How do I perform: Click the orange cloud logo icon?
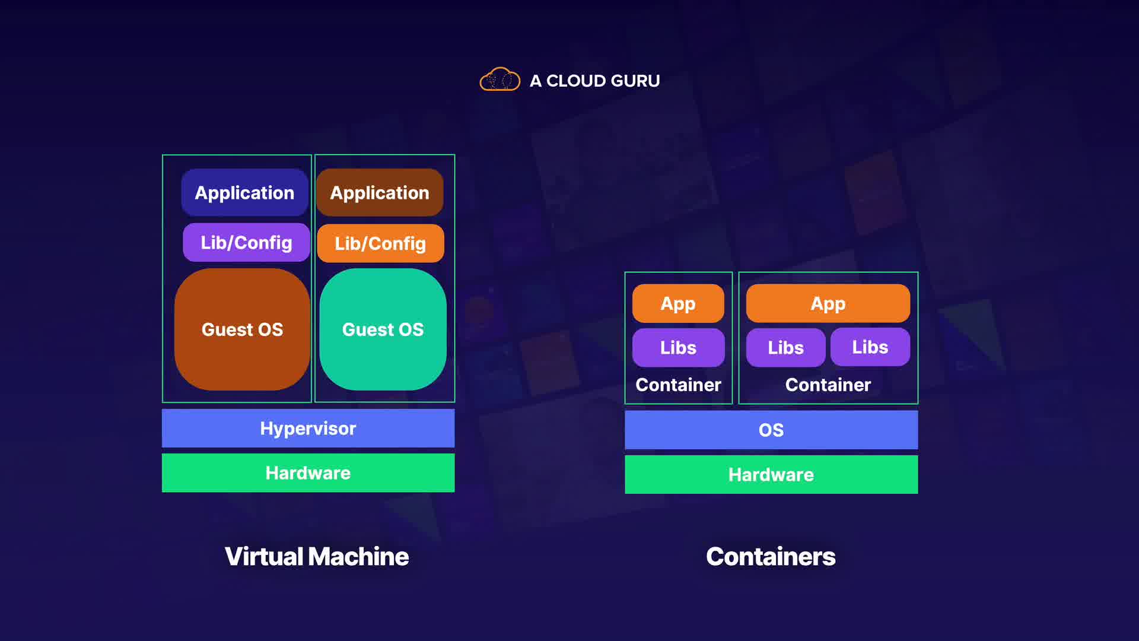coord(499,80)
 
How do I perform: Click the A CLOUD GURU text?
coord(594,81)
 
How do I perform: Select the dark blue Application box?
coord(244,192)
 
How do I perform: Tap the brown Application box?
coord(380,192)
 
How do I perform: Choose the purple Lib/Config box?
coord(246,242)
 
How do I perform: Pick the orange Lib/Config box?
coord(380,243)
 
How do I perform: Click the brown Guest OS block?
coord(242,329)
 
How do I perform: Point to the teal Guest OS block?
coord(383,329)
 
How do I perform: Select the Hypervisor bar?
coord(308,428)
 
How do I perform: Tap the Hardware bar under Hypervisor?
coord(308,473)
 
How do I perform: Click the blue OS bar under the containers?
coord(771,430)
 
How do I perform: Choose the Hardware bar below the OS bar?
coord(771,475)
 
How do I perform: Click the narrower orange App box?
coord(678,303)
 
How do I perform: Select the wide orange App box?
coord(828,303)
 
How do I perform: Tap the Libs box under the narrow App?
coord(678,347)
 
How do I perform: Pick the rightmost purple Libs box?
coord(870,347)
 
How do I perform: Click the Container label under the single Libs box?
coord(678,385)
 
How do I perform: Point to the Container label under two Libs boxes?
coord(828,385)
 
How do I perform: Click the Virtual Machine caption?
coord(317,557)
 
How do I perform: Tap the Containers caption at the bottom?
coord(771,557)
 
